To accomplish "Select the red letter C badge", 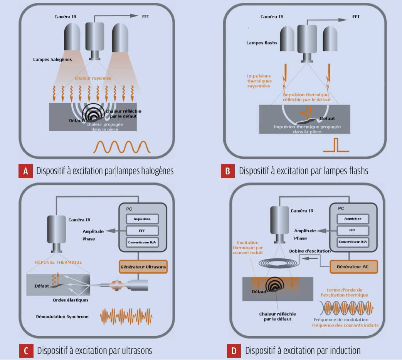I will click(26, 350).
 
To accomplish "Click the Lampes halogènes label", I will click(52, 60).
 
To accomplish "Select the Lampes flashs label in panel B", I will click(262, 43).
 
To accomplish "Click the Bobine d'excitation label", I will click(310, 251).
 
